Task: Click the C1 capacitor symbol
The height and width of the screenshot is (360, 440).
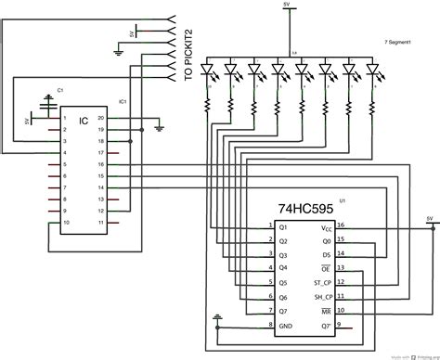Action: [48, 100]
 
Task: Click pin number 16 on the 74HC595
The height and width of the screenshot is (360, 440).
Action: [341, 225]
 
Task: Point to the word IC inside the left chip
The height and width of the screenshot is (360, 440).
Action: [83, 120]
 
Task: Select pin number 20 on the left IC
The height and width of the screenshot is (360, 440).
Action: [101, 120]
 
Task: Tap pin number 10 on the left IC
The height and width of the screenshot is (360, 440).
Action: [65, 225]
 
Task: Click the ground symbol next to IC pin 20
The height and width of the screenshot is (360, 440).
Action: [159, 123]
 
